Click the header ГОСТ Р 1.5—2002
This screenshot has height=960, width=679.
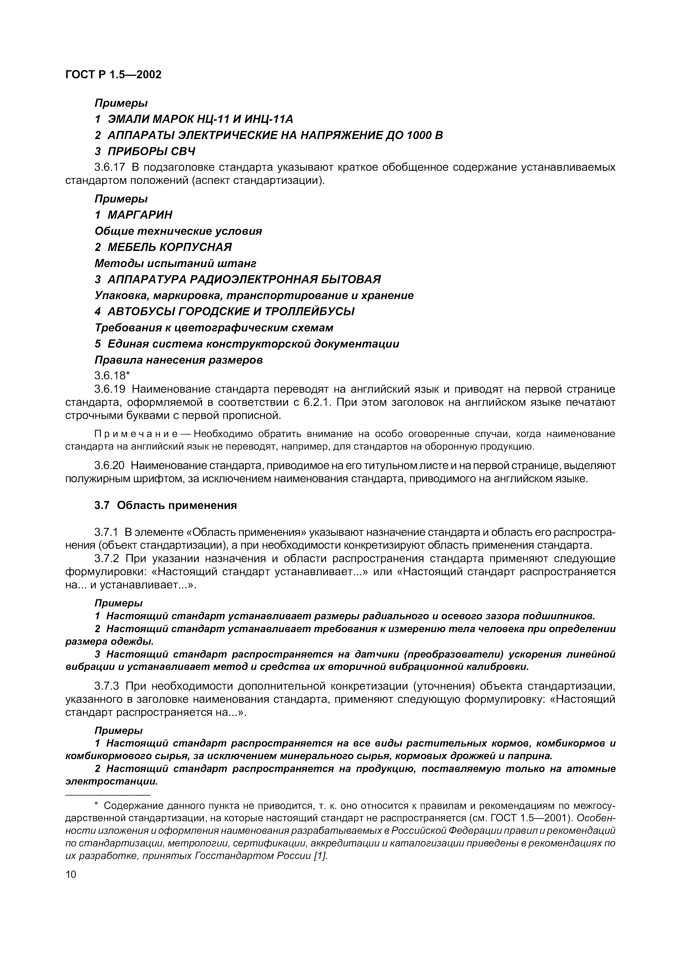[113, 75]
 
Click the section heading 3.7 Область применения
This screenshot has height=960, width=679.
[165, 505]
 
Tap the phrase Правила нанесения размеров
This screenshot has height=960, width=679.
[179, 360]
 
